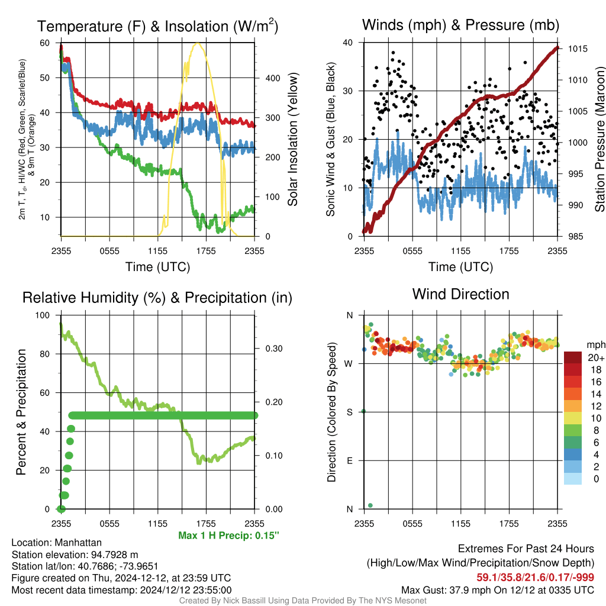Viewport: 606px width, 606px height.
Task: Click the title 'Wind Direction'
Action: (x=460, y=295)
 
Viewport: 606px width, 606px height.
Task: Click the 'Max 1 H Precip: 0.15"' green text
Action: (x=228, y=535)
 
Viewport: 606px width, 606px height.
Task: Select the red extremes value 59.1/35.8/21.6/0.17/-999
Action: (x=535, y=577)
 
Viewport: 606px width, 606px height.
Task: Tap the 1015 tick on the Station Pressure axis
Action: (x=578, y=49)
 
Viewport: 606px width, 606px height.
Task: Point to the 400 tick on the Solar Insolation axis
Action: (x=272, y=78)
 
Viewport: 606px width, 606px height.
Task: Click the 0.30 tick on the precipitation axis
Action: (x=274, y=349)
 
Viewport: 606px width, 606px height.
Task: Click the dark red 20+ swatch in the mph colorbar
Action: (x=572, y=357)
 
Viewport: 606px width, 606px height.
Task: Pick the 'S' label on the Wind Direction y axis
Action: (x=350, y=412)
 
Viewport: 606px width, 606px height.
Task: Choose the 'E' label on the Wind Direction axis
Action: (x=350, y=460)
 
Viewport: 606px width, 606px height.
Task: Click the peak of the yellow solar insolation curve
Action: (x=198, y=43)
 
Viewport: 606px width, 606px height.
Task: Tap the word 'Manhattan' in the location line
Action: (x=78, y=543)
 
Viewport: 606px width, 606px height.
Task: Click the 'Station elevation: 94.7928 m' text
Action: (x=75, y=555)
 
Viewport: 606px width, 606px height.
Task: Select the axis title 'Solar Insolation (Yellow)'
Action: (x=292, y=139)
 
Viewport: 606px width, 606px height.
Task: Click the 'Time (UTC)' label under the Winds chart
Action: (x=460, y=267)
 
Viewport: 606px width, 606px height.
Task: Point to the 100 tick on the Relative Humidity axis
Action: (x=43, y=315)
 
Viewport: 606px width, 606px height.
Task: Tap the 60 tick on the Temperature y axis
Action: (x=45, y=43)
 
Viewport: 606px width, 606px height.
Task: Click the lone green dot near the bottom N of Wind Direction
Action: (x=370, y=505)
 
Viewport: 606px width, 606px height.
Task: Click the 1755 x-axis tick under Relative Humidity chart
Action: (x=206, y=524)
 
